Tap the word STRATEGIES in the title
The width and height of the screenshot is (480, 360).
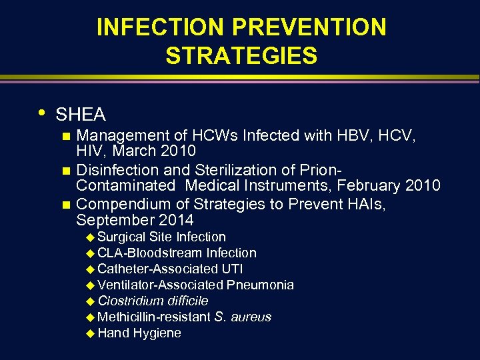pos(241,56)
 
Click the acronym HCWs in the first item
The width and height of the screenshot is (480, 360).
pos(223,136)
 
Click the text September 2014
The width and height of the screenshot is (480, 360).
pos(135,219)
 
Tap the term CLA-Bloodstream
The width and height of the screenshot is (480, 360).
pos(150,253)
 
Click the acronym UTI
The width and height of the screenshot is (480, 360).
pos(231,269)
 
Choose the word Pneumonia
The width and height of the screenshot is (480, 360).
pos(260,285)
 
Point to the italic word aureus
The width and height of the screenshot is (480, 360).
pos(252,317)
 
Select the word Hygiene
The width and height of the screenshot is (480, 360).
pos(157,333)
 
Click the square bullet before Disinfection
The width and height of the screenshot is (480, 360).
pos(65,170)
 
